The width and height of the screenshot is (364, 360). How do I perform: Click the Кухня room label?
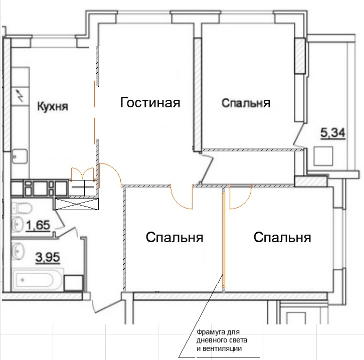tap(53, 106)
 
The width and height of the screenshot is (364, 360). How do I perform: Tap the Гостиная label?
tap(150, 102)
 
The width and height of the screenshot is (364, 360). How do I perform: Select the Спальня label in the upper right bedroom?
tap(246, 103)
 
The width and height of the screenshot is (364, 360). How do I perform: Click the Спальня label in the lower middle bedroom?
tap(174, 238)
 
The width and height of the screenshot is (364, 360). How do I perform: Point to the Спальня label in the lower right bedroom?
tap(282, 238)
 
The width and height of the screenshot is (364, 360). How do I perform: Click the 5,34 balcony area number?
tap(332, 133)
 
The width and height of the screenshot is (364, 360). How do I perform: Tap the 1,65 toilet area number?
tap(38, 226)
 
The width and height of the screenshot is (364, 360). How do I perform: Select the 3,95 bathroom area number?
tap(48, 258)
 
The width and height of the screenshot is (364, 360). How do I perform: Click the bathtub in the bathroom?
tap(38, 279)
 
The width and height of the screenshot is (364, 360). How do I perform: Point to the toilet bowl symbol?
tap(22, 207)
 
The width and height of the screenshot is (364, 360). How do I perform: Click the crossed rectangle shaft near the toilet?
tap(77, 204)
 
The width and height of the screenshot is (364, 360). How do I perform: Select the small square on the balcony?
tap(323, 156)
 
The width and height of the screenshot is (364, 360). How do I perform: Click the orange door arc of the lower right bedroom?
tap(246, 202)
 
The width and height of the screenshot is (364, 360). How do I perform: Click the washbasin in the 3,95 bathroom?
tap(18, 251)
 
